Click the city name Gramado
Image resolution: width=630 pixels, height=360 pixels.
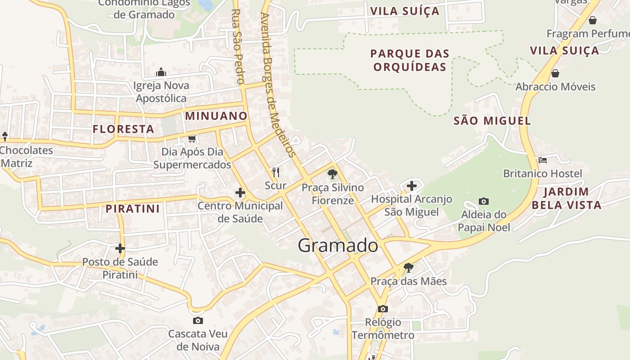tap(338, 246)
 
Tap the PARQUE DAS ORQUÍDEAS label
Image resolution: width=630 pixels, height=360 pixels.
tap(409, 60)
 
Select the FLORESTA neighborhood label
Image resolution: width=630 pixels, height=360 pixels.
tap(123, 129)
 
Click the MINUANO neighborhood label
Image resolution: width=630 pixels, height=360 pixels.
tap(216, 116)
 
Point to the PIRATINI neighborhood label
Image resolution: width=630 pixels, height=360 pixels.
tap(133, 209)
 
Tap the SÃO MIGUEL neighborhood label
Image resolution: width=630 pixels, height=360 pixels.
tap(492, 121)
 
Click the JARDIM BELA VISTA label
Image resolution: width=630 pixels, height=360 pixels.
tap(566, 198)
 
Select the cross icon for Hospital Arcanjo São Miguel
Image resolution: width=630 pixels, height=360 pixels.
tap(411, 185)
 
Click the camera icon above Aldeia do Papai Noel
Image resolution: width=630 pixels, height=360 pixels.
tap(484, 201)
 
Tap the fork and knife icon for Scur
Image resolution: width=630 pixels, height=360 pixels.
tap(276, 172)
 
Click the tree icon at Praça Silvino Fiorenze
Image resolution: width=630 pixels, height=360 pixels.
tap(333, 174)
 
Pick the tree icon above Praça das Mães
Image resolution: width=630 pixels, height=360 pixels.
tap(408, 268)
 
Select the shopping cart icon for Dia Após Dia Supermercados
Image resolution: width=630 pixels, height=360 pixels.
tap(192, 139)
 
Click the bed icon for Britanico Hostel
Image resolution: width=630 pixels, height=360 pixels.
tap(542, 160)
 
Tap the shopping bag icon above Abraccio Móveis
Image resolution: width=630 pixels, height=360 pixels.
tap(555, 73)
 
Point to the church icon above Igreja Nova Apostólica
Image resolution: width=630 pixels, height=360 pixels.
tap(161, 72)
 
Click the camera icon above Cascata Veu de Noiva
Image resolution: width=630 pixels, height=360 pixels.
tap(198, 320)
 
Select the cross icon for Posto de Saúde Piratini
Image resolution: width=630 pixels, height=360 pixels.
tap(120, 248)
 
